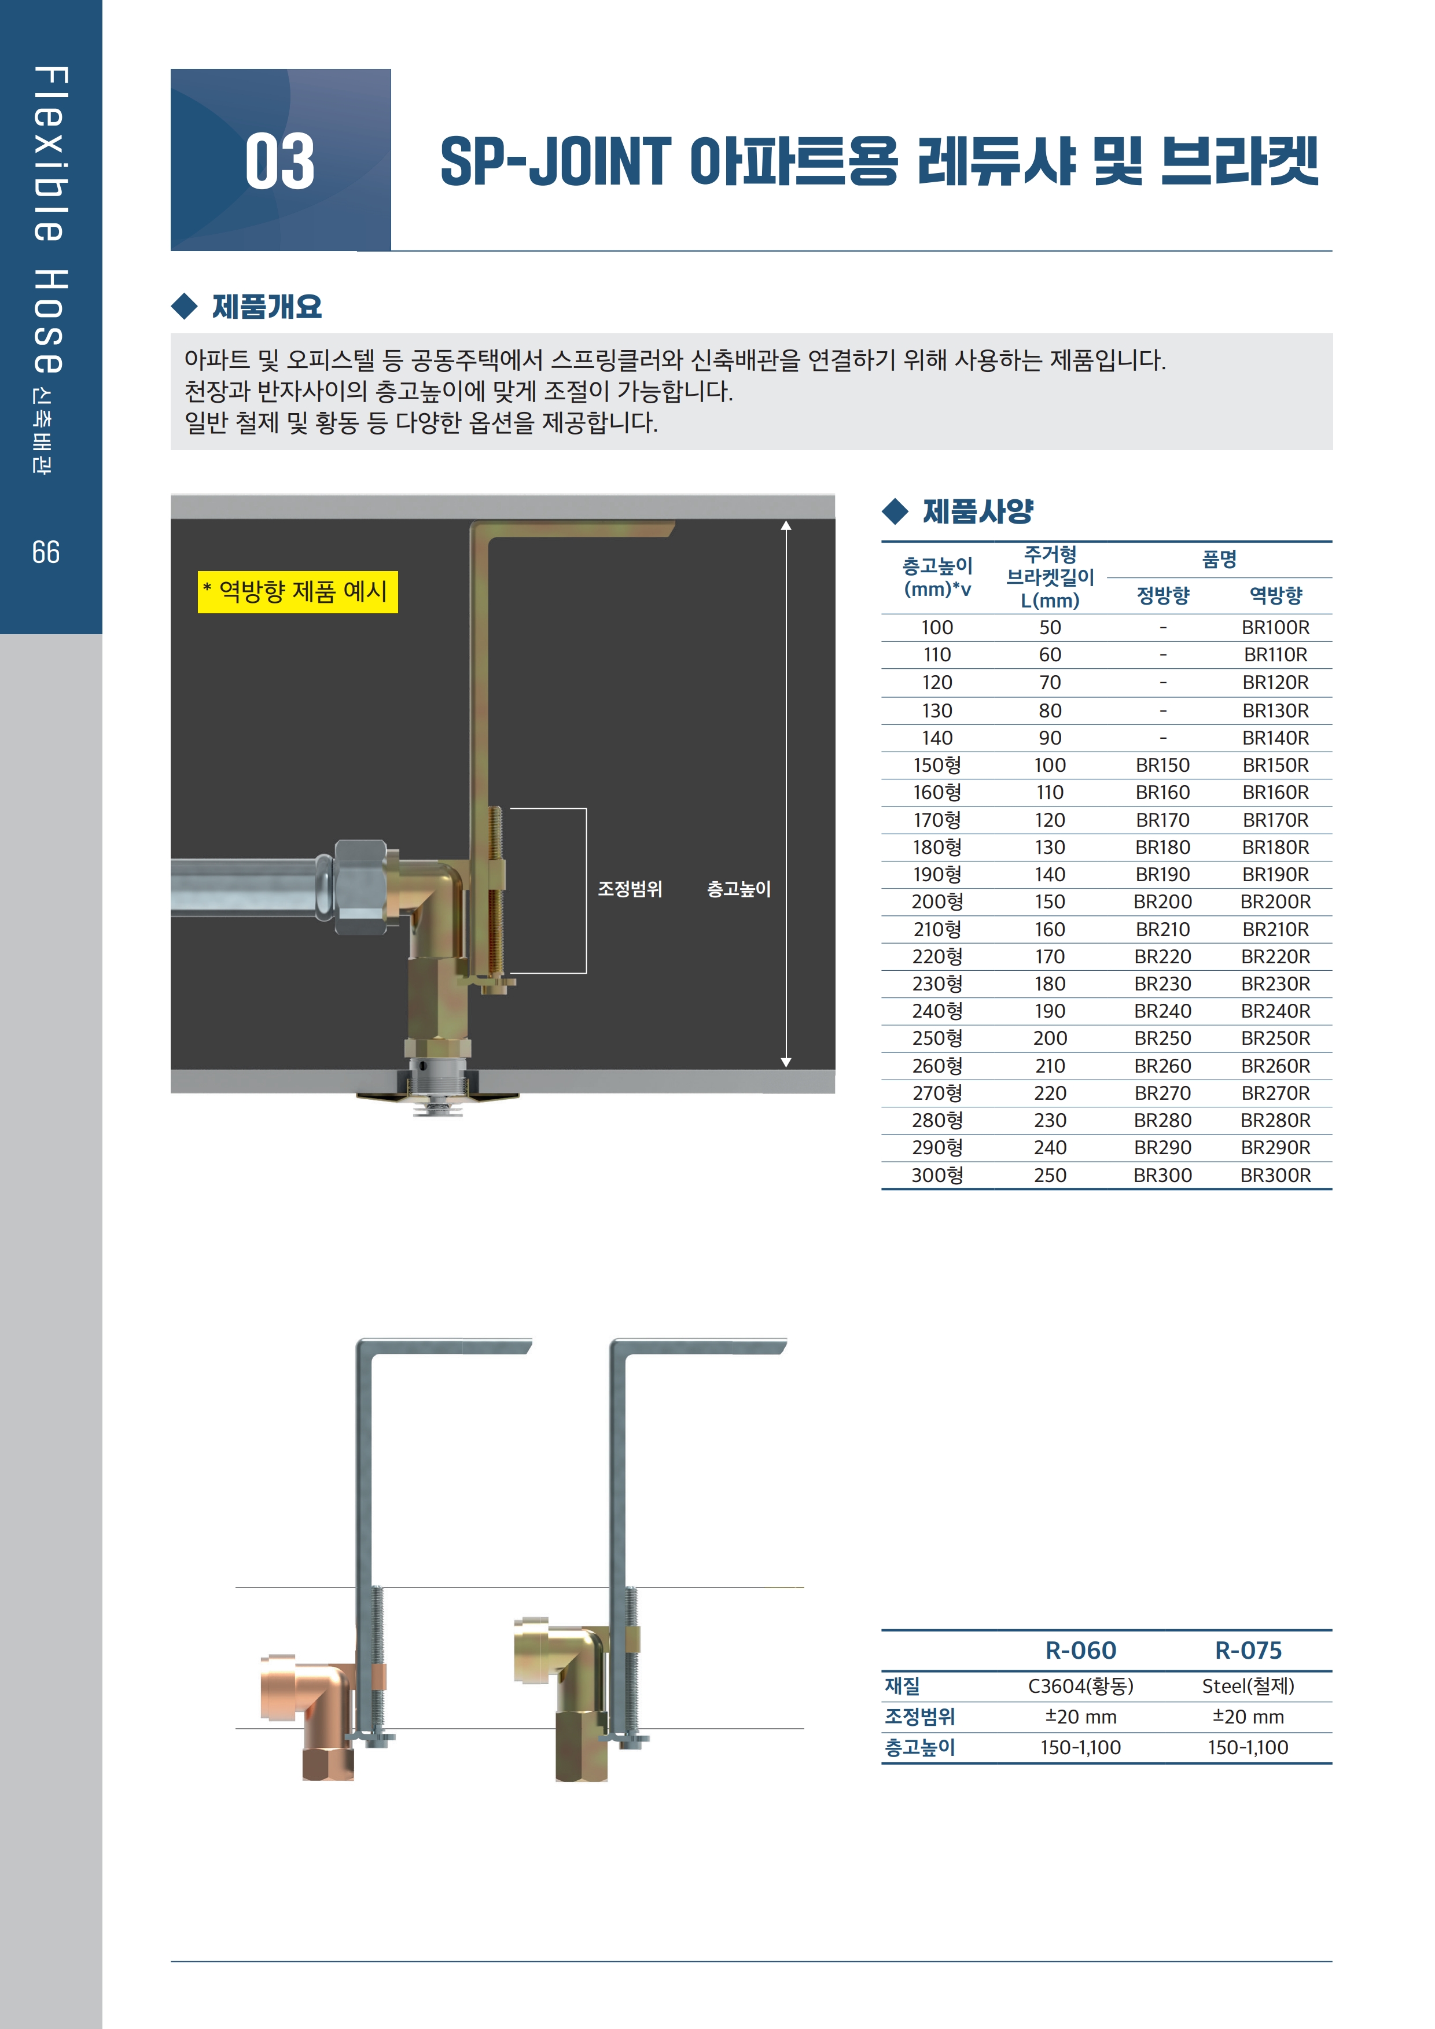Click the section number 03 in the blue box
click(279, 162)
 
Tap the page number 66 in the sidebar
click(46, 553)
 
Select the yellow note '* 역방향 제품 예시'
click(298, 591)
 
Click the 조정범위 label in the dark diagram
click(630, 889)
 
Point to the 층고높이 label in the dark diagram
click(739, 889)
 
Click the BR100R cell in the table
click(1275, 627)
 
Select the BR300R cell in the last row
click(1275, 1175)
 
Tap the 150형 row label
click(937, 765)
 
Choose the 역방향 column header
click(1275, 595)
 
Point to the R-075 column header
click(1248, 1650)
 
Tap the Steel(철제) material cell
click(1248, 1686)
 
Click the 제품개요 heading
click(266, 307)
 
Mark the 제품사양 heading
click(977, 511)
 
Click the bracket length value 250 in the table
click(1050, 1175)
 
